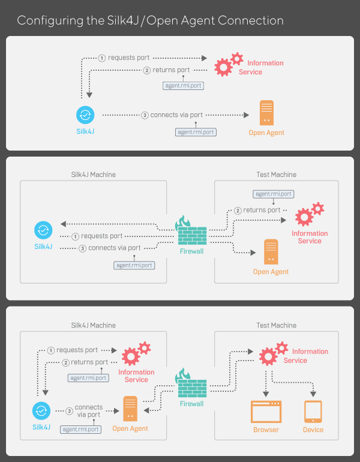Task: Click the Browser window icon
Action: point(266,412)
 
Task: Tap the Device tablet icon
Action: point(313,412)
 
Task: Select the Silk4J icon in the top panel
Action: point(85,115)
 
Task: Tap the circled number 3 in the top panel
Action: point(145,115)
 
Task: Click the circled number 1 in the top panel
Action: point(102,58)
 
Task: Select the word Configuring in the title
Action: point(46,20)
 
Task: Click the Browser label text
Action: point(266,430)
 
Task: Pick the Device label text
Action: point(313,430)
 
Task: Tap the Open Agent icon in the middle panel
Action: point(271,251)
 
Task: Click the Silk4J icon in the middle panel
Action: point(43,229)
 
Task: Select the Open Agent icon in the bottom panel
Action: point(130,409)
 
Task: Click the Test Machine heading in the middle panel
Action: point(277,175)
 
